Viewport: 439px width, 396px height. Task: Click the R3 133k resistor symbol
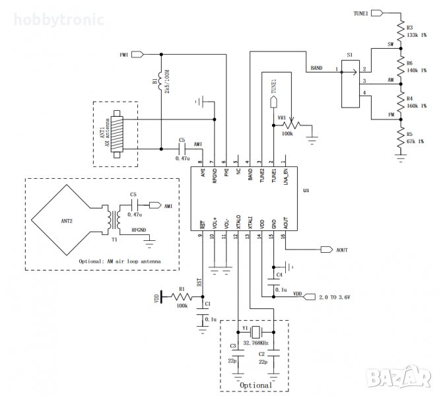(400, 31)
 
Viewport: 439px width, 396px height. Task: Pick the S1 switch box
(349, 84)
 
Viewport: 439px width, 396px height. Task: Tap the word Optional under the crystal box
(256, 384)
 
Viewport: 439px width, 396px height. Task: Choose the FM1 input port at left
(140, 53)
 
